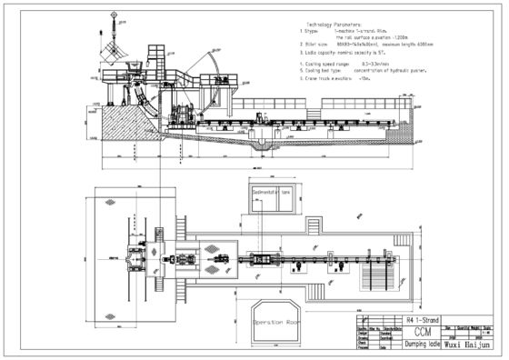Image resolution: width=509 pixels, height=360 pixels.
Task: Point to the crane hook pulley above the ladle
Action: click(x=114, y=16)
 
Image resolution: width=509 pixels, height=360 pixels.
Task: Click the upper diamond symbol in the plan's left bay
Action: click(x=111, y=201)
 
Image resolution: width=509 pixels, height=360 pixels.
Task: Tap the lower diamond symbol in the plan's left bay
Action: click(x=111, y=316)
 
